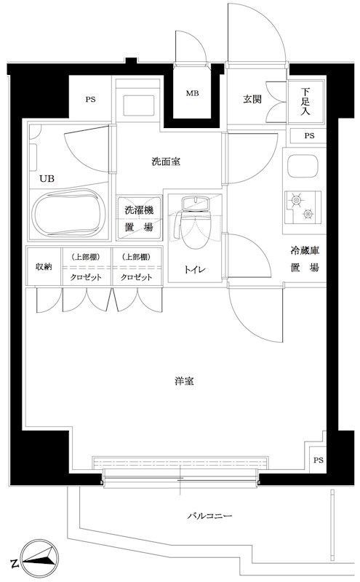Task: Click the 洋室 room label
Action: [x=183, y=381]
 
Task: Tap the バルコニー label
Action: [x=209, y=516]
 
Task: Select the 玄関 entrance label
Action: [x=252, y=100]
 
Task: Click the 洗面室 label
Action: [x=166, y=162]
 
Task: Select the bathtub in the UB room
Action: [x=69, y=214]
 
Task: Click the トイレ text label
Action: [x=193, y=270]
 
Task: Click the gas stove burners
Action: [x=302, y=206]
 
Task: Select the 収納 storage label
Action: [x=44, y=267]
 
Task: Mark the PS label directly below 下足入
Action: [x=309, y=136]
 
